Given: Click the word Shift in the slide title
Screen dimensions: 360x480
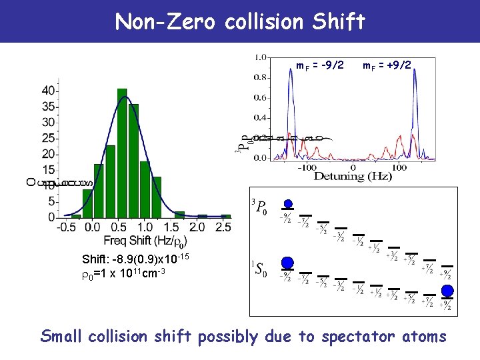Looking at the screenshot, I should pyautogui.click(x=339, y=21).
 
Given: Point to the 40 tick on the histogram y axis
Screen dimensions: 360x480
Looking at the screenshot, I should pyautogui.click(x=48, y=90).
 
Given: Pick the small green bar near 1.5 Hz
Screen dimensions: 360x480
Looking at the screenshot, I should pyautogui.click(x=179, y=214).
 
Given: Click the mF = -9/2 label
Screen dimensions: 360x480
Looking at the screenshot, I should pyautogui.click(x=320, y=65).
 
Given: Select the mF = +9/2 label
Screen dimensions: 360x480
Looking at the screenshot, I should pyautogui.click(x=387, y=65).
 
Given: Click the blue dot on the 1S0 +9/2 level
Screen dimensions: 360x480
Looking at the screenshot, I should pyautogui.click(x=447, y=290).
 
